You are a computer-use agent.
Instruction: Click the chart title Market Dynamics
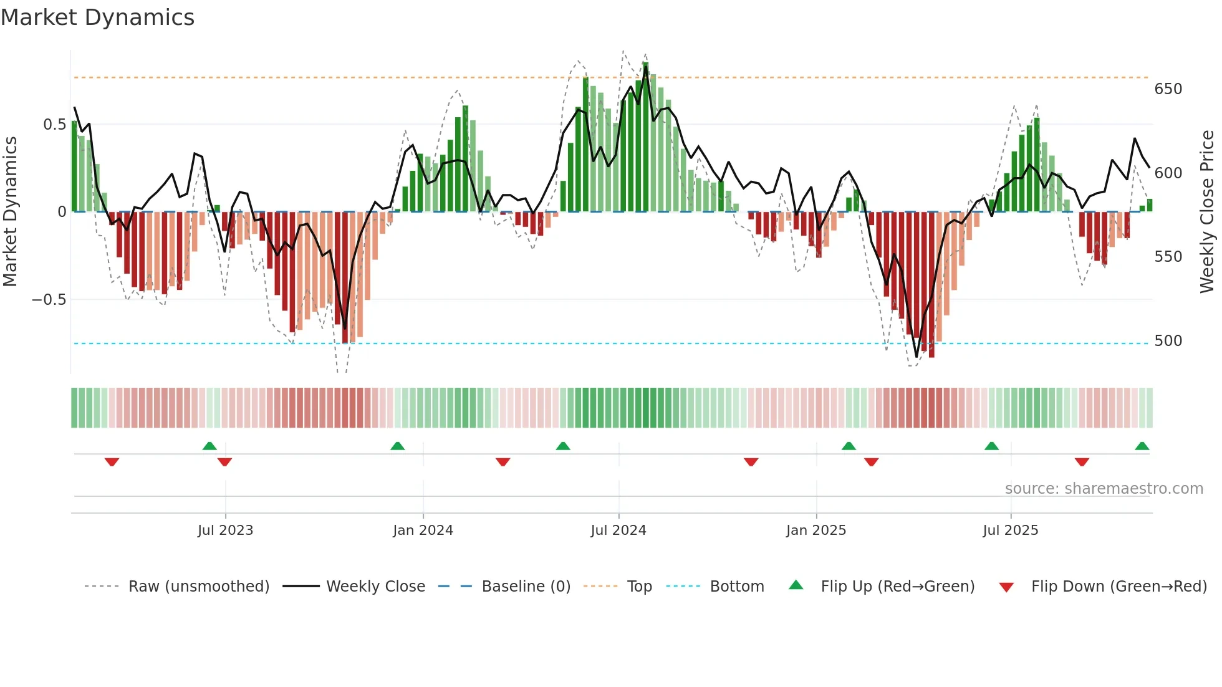tap(97, 17)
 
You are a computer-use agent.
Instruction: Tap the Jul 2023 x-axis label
tap(225, 531)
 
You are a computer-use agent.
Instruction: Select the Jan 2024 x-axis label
tap(423, 531)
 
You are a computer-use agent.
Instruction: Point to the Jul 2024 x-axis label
tap(618, 531)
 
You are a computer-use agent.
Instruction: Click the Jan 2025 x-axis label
tap(815, 531)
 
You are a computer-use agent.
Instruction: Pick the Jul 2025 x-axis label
tap(1010, 531)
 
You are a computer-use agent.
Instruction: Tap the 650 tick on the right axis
tap(1168, 89)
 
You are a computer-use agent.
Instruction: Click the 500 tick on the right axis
tap(1168, 341)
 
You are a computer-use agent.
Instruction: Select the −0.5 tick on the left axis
tap(49, 300)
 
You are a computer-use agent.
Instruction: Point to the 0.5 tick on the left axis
tap(54, 125)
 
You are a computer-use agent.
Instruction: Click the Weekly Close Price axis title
tap(1207, 211)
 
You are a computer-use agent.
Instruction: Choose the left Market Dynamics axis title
tap(10, 211)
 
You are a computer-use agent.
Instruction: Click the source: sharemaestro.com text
tap(1104, 489)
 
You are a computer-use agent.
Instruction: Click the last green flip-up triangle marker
tap(1142, 446)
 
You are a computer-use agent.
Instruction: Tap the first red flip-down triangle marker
tap(112, 462)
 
